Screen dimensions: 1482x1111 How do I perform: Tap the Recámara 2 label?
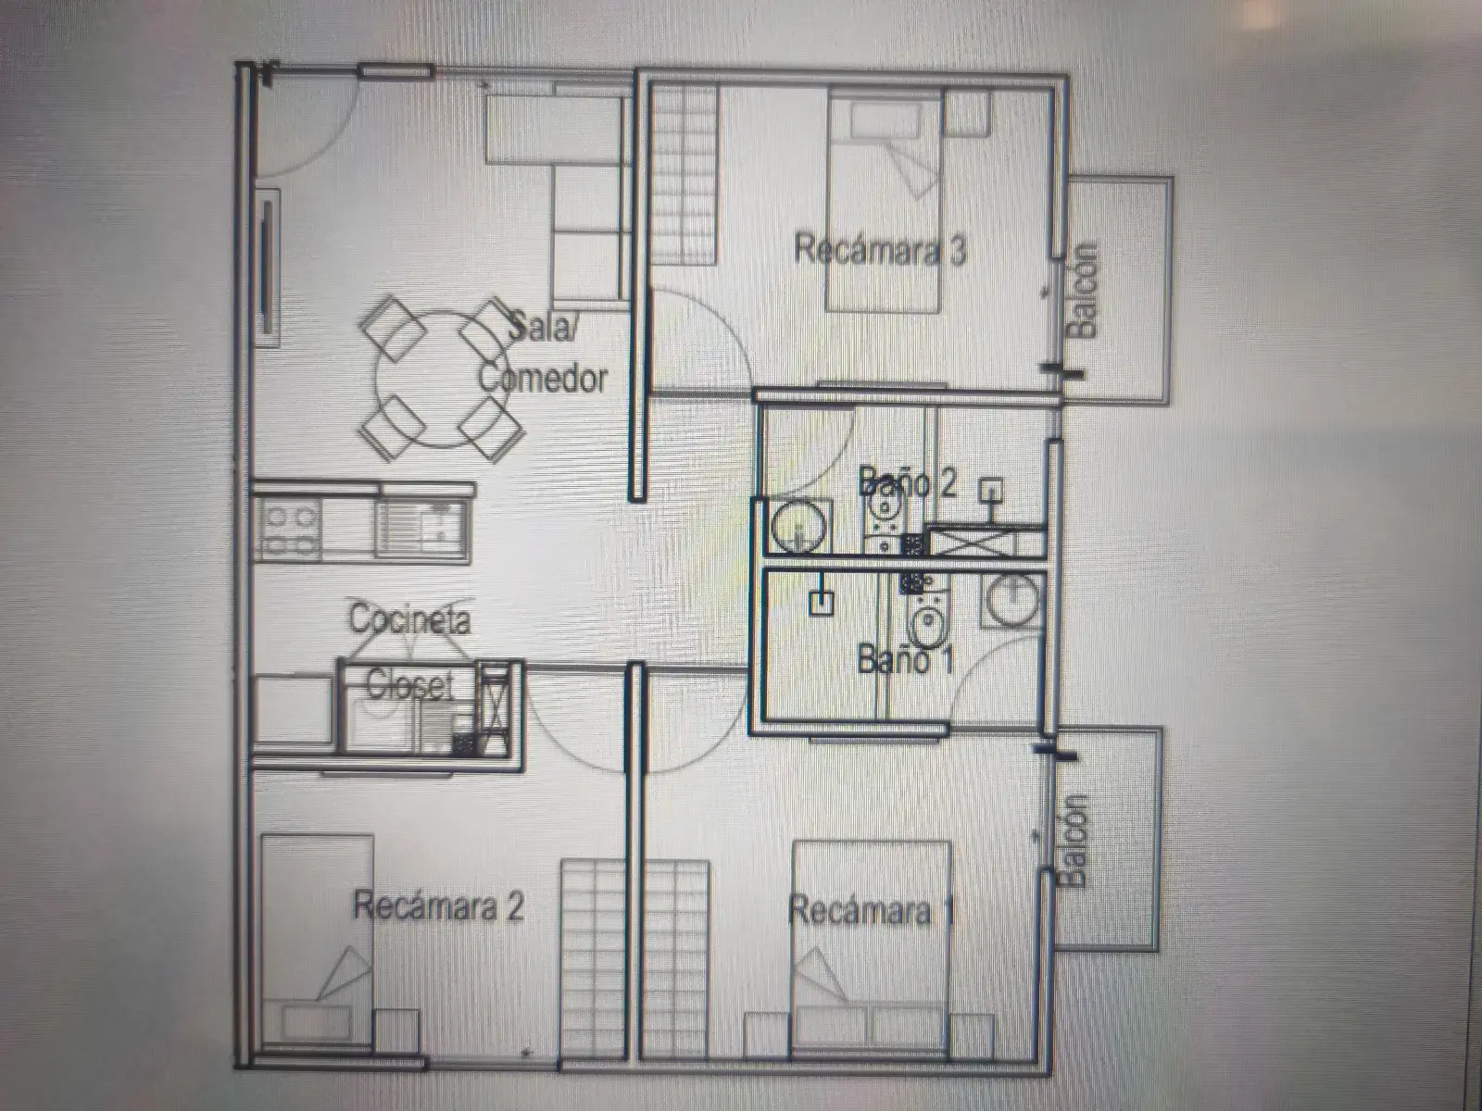click(x=438, y=906)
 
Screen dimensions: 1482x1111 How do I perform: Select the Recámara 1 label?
click(x=872, y=911)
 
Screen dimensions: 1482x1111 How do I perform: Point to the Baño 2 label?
click(x=907, y=481)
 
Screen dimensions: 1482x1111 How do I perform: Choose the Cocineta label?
click(x=409, y=618)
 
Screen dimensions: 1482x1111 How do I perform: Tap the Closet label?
click(x=409, y=685)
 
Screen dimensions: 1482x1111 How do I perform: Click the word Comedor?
click(x=544, y=378)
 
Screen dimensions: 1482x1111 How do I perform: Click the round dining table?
click(x=442, y=379)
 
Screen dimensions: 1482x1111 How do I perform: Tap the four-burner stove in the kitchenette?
click(x=289, y=531)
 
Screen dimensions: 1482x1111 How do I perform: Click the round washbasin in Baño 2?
click(x=798, y=526)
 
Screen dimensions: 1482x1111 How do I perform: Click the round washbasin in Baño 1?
click(x=1011, y=600)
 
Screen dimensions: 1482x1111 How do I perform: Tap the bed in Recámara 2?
click(x=317, y=941)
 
